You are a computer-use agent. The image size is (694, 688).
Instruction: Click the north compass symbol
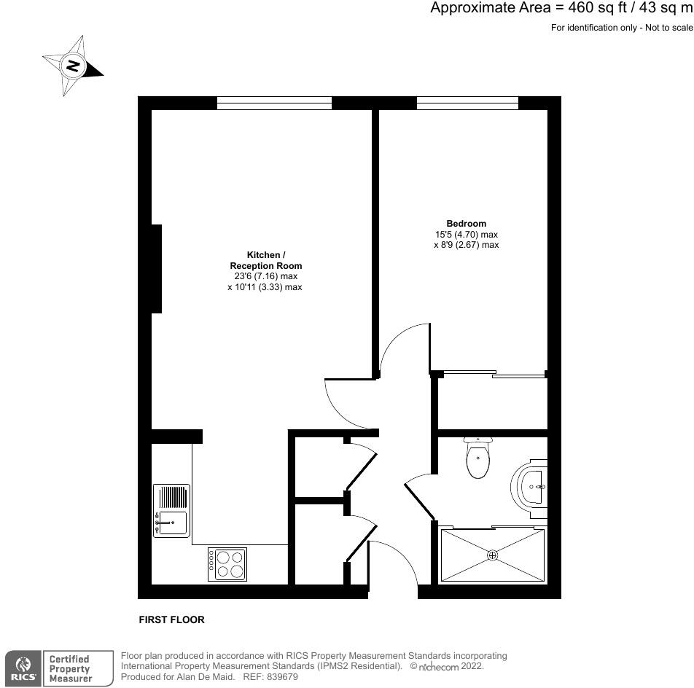point(72,66)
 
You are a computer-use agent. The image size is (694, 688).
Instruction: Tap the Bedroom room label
point(466,223)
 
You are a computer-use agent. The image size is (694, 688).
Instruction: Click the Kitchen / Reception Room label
point(263,260)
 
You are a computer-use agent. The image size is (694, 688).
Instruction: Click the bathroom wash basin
point(530,485)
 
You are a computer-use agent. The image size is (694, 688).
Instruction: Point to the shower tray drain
point(493,555)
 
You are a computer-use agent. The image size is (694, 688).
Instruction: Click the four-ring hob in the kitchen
point(227,564)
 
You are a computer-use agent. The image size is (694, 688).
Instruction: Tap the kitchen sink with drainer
point(171,511)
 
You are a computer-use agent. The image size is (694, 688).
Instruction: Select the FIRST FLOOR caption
point(171,620)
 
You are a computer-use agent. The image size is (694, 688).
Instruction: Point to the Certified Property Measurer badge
point(69,668)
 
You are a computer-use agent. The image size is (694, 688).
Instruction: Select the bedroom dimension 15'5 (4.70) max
point(466,235)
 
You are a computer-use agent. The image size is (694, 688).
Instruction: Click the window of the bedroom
point(467,103)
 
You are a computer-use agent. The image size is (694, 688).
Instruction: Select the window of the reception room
point(274,103)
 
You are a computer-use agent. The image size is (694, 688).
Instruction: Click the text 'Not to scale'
point(666,28)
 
